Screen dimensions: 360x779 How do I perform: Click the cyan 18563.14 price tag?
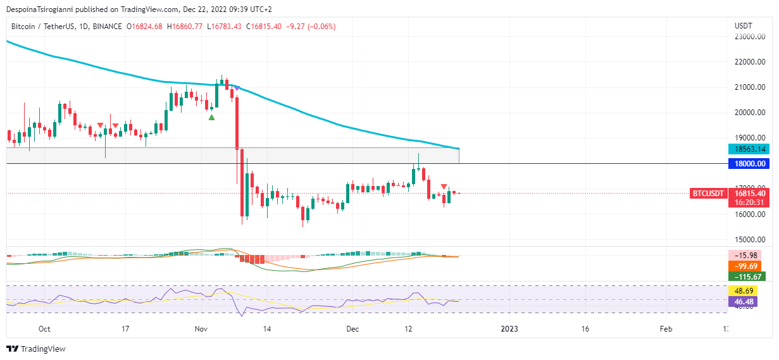coord(749,149)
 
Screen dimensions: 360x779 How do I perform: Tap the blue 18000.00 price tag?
coord(749,163)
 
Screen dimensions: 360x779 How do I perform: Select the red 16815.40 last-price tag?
coord(749,194)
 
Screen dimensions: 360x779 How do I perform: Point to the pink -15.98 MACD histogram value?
coord(749,255)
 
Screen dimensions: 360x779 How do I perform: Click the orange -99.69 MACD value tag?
coord(749,266)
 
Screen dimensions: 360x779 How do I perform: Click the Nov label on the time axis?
coord(201,329)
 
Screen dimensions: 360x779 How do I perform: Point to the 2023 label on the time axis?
coord(509,329)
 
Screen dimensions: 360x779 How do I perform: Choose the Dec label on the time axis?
coord(352,329)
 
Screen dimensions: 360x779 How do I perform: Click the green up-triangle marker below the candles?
coord(212,117)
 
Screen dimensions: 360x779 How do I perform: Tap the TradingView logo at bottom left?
coord(36,349)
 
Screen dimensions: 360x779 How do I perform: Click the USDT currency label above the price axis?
coord(743,26)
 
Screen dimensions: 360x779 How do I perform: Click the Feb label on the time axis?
coord(666,329)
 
